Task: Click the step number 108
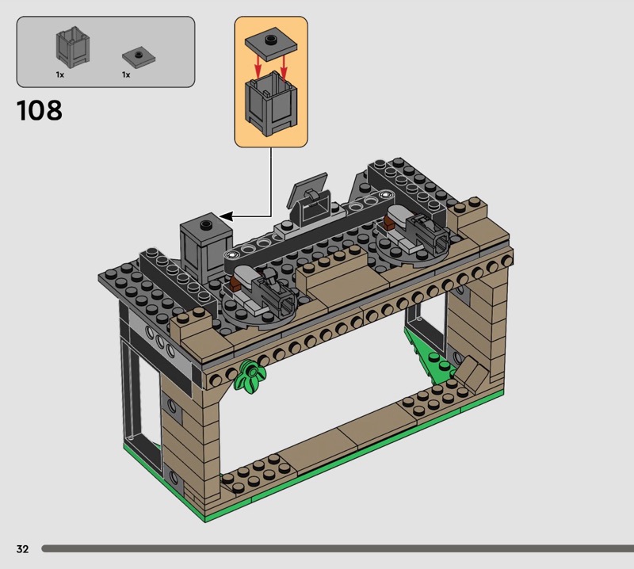(x=39, y=110)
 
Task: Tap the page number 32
(x=23, y=548)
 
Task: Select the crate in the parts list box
(x=72, y=48)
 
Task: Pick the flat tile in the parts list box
(x=139, y=57)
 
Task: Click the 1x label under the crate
(x=60, y=74)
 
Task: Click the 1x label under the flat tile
(x=126, y=74)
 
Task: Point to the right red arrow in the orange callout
(x=284, y=67)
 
